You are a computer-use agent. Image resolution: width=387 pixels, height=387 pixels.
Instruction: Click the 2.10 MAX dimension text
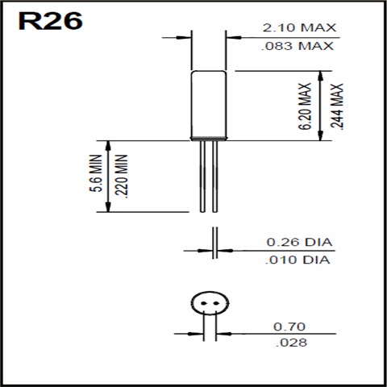(299, 28)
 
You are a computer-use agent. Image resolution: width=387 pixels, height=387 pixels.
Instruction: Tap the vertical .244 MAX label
(338, 106)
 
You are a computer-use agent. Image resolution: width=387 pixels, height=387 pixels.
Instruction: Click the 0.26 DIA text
(299, 243)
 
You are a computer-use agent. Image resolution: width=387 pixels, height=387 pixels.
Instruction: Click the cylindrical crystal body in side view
(208, 106)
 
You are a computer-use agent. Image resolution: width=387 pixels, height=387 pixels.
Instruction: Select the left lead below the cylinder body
(202, 177)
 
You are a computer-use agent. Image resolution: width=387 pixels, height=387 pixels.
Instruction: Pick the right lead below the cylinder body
(214, 177)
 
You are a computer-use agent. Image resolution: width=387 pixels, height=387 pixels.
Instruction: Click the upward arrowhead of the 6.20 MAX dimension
(322, 74)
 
